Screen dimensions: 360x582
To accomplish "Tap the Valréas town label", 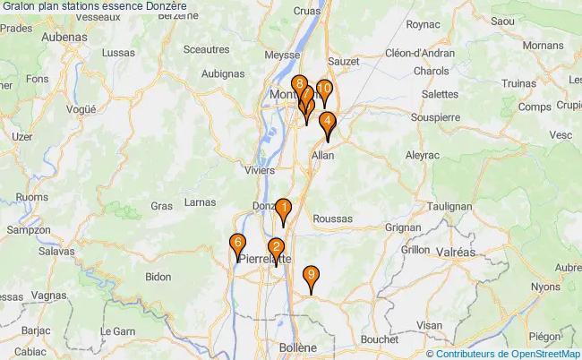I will (452, 253).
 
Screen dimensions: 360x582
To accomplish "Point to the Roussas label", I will (334, 219).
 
